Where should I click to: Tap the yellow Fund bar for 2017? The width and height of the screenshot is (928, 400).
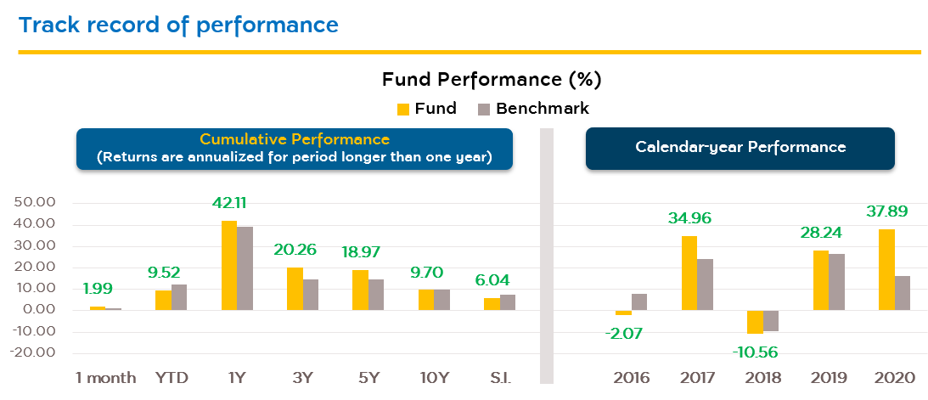689,273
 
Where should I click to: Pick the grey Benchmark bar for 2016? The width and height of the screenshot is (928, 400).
639,301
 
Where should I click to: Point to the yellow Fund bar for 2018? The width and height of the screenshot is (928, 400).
754,322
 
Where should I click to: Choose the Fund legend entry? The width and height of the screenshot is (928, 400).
427,109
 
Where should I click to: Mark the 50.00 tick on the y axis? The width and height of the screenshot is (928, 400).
35,204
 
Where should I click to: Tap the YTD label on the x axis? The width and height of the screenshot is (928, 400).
171,378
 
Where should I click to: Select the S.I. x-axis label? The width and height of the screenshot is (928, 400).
499,378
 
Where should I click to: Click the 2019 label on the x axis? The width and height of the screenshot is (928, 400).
829,378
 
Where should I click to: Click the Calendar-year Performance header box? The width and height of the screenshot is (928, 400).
740,148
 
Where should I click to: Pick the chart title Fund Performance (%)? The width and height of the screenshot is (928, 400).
492,80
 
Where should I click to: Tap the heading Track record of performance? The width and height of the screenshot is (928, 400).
178,25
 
